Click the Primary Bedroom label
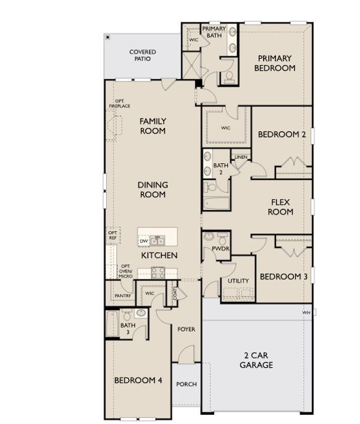tap(275, 63)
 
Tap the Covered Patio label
tap(143, 56)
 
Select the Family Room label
tap(153, 126)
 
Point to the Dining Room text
tap(153, 190)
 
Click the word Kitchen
tap(159, 255)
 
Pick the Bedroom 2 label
tap(282, 135)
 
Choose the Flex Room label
tap(280, 207)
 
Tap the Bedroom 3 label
tap(283, 277)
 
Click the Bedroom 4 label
tap(138, 380)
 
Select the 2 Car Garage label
tap(256, 360)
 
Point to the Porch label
tap(186, 384)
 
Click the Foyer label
tap(186, 329)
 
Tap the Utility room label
tap(238, 281)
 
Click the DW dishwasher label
tap(144, 240)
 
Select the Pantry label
tap(121, 296)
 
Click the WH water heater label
tap(306, 313)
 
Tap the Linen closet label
tap(240, 157)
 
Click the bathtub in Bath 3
tap(112, 324)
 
